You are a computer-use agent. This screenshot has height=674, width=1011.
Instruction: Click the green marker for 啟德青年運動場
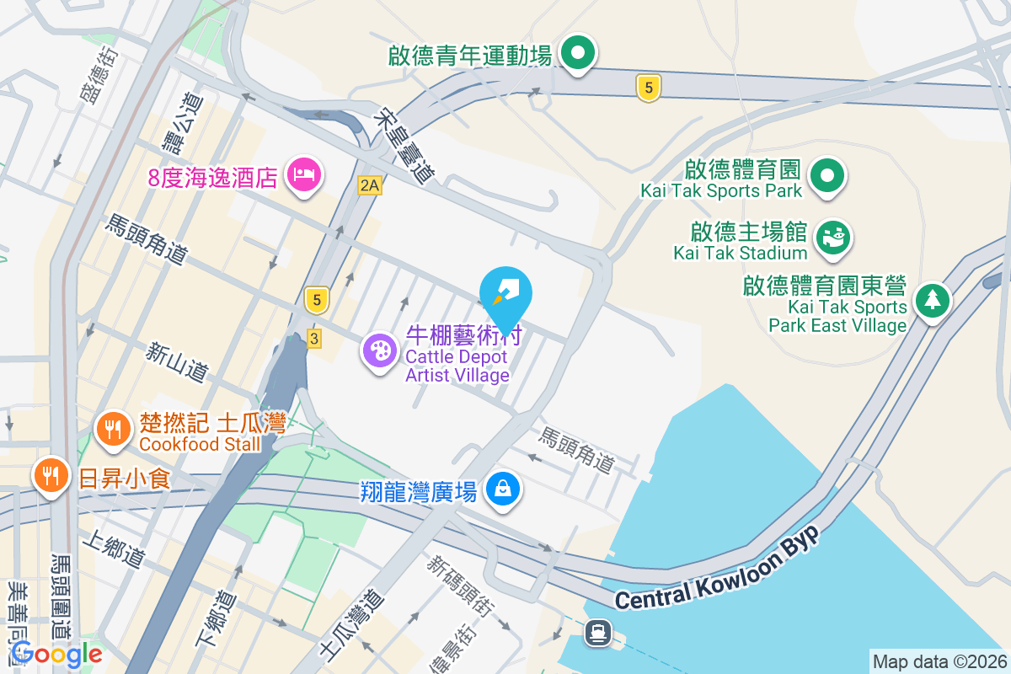(x=578, y=54)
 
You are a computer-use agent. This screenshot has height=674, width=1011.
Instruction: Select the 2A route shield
(x=369, y=185)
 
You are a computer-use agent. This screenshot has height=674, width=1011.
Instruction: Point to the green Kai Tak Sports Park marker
(x=827, y=176)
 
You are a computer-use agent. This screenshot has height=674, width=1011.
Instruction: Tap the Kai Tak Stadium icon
(x=835, y=235)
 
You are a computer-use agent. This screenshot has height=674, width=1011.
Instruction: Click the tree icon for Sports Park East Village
(x=932, y=300)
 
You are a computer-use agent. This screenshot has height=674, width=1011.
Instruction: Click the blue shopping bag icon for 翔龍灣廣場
(x=503, y=489)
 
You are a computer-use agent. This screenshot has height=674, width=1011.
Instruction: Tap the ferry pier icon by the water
(x=598, y=631)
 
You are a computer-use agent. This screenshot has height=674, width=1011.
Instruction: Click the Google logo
(x=56, y=654)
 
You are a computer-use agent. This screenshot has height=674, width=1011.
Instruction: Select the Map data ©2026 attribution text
(x=939, y=662)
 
